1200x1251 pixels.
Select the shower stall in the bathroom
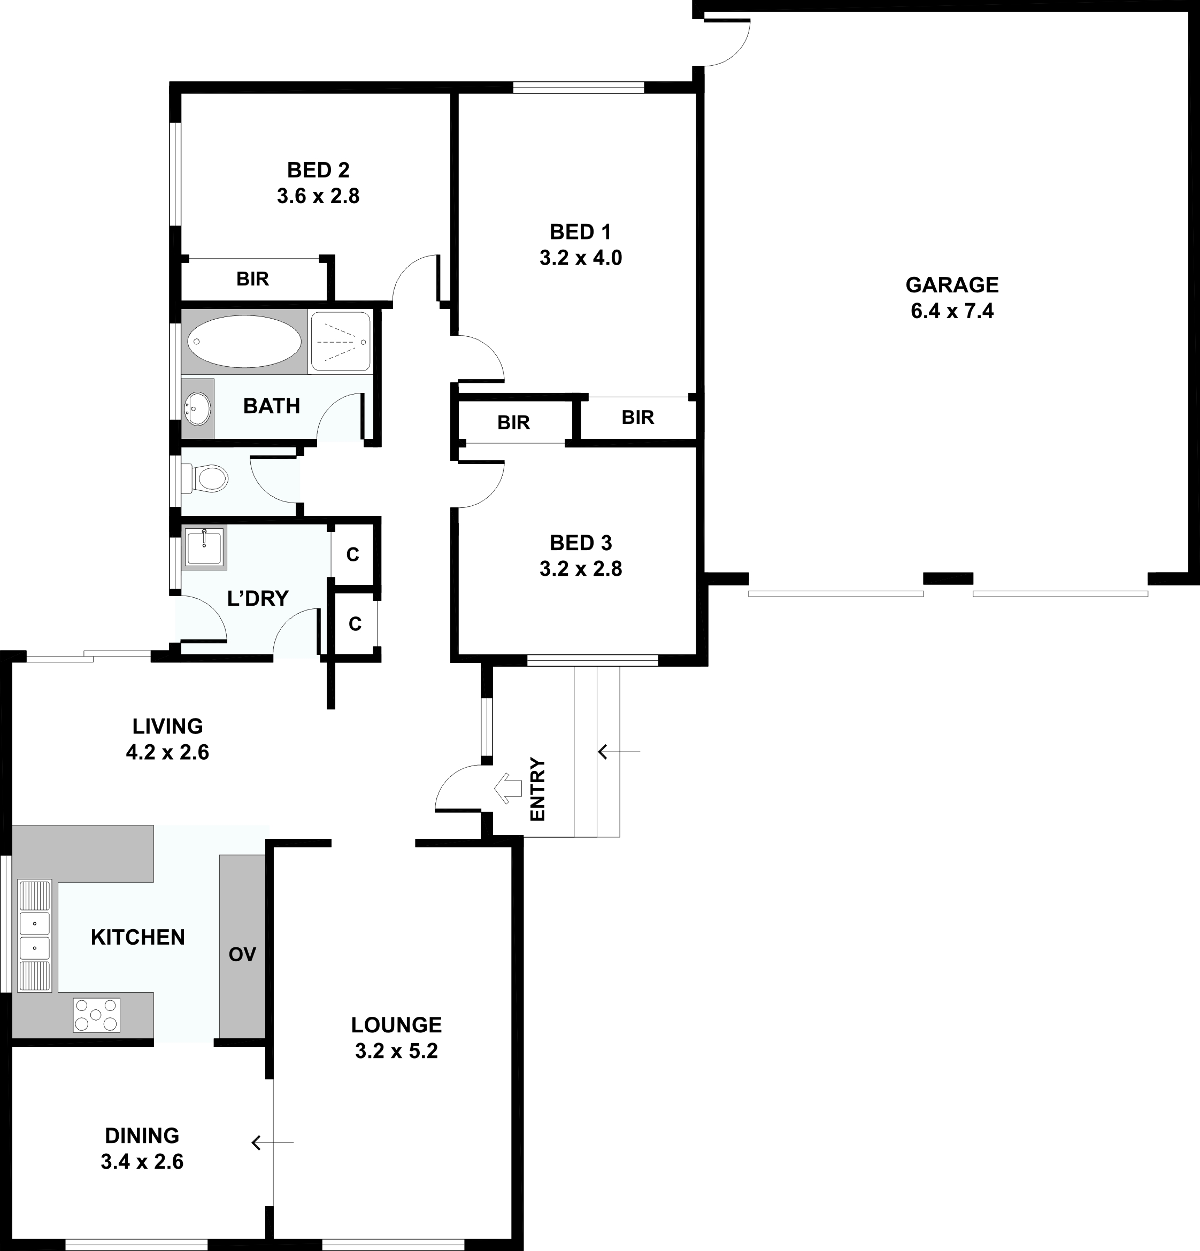[x=340, y=342]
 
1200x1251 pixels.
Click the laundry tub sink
[x=204, y=547]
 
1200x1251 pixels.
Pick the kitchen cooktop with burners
[x=96, y=1015]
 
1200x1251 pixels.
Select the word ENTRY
[x=538, y=789]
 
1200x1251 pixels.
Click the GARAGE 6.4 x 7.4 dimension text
[x=952, y=311]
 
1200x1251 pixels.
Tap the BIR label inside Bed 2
[x=253, y=279]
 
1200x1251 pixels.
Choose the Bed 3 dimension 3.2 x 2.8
[x=581, y=569]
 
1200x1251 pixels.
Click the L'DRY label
[x=258, y=598]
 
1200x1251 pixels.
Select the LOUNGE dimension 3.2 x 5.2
[x=396, y=1051]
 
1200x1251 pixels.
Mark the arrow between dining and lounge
[x=273, y=1142]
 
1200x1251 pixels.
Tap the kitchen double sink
[x=34, y=936]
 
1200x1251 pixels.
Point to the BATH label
[x=271, y=406]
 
